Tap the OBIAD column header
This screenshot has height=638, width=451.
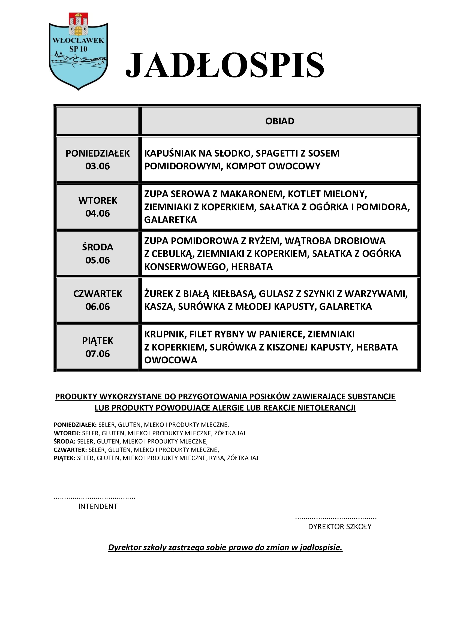(x=280, y=121)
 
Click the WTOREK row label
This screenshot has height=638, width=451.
(x=98, y=200)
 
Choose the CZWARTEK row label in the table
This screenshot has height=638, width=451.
(x=98, y=294)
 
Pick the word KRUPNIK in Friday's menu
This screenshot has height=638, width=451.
(x=165, y=334)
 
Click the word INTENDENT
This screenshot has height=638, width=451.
(x=98, y=506)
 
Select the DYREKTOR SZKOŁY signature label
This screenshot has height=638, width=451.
(x=340, y=526)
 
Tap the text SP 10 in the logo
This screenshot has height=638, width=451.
(x=78, y=49)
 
